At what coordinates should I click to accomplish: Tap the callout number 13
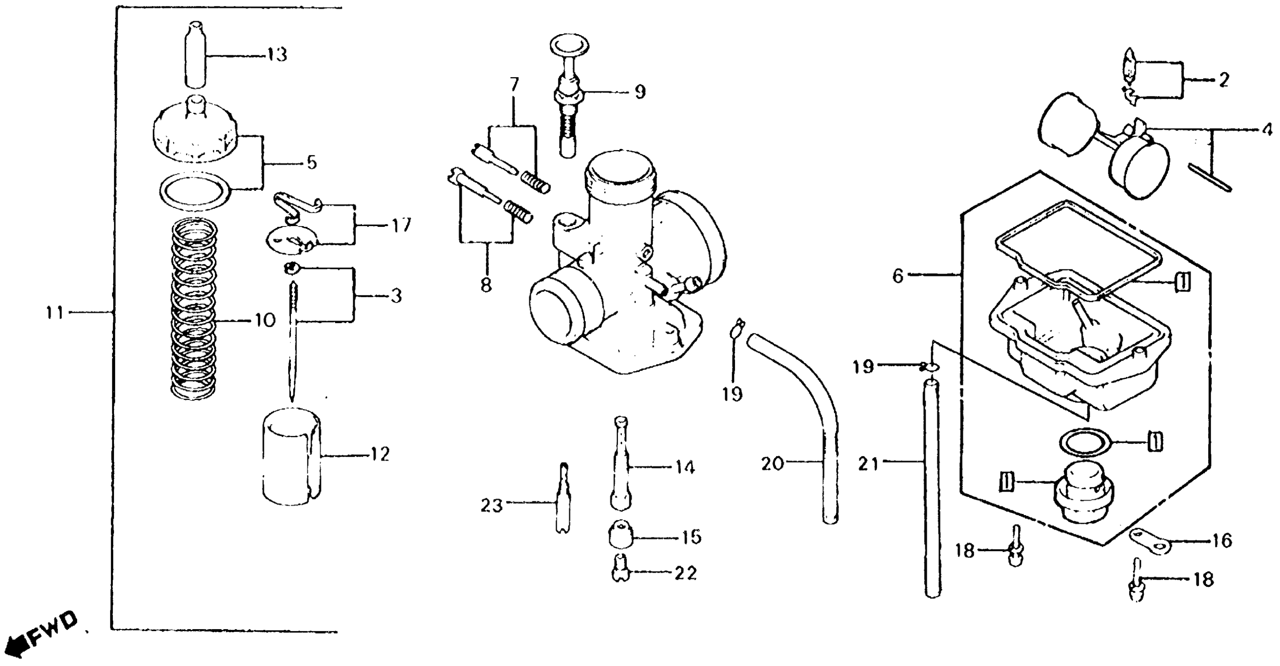276,55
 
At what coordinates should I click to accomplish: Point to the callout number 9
639,92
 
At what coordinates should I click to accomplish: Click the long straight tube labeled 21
933,487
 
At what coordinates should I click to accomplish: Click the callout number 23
492,506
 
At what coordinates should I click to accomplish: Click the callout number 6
897,276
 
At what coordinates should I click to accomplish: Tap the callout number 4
1267,130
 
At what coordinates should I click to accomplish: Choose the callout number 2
1223,80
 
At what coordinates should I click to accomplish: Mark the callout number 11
55,313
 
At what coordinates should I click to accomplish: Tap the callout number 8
486,285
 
